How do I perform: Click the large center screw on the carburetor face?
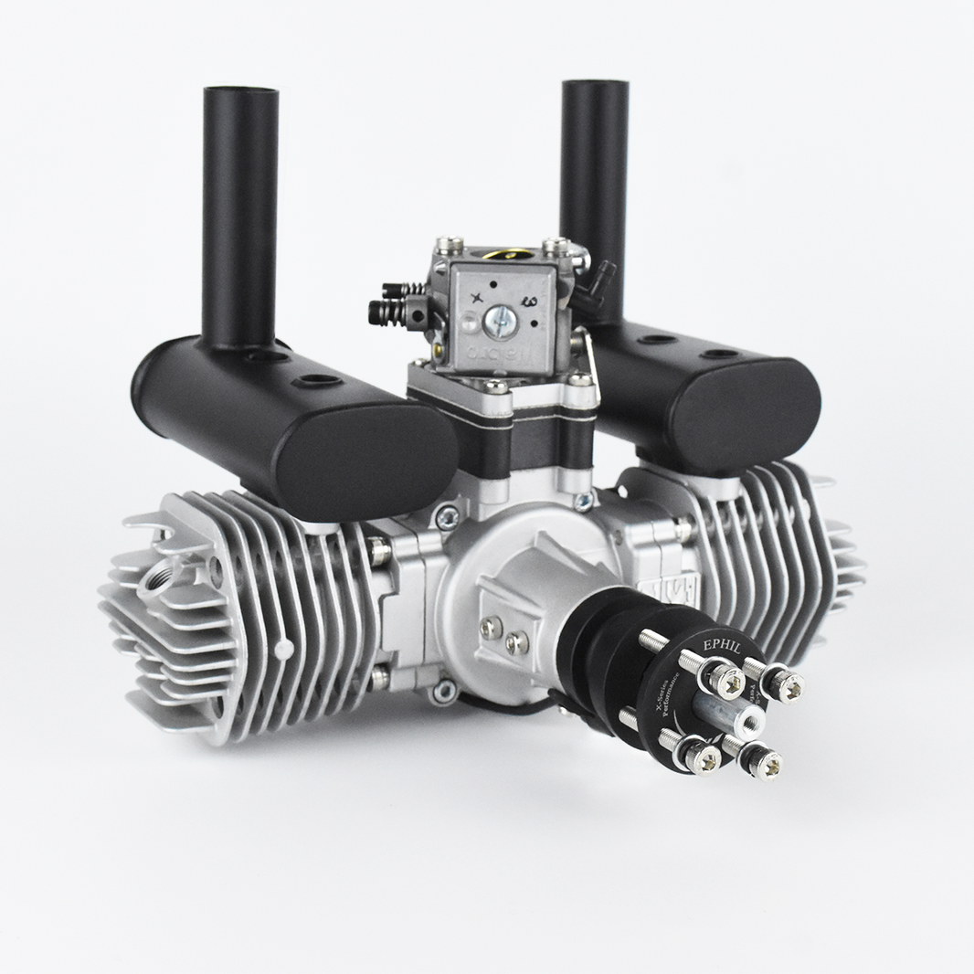pyautogui.click(x=501, y=319)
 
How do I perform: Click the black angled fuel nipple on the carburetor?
pyautogui.click(x=604, y=274)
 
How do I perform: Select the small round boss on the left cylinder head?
pyautogui.click(x=284, y=648)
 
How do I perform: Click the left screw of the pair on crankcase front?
pyautogui.click(x=492, y=628)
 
